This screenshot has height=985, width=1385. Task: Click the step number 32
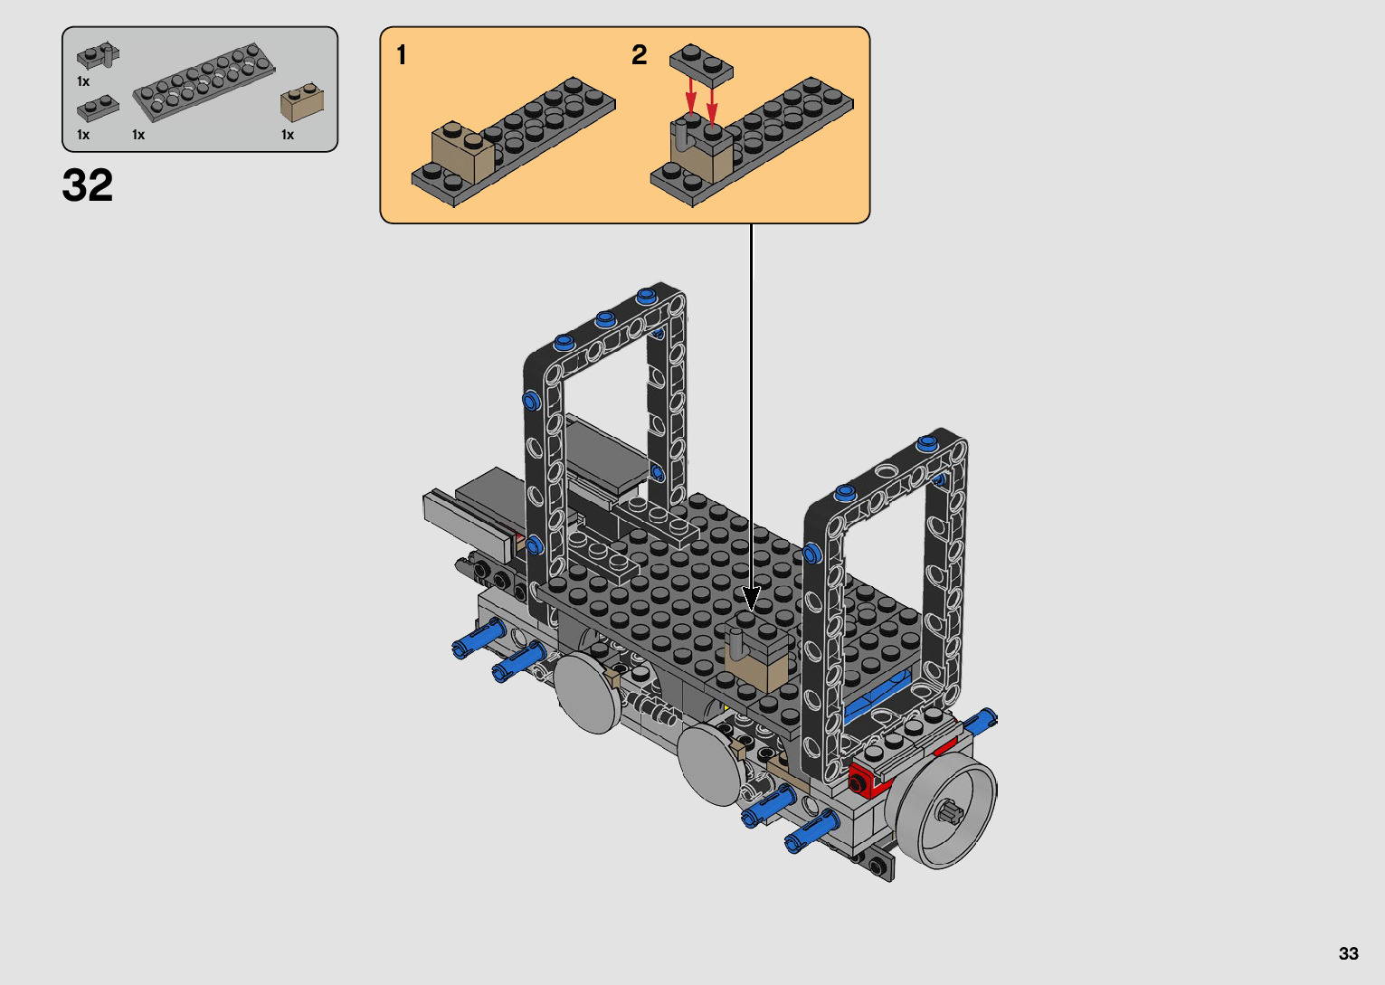click(88, 185)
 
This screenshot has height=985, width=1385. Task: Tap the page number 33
click(1349, 953)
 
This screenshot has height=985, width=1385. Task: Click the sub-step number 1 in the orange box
click(402, 54)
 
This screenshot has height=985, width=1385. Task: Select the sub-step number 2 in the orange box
click(640, 54)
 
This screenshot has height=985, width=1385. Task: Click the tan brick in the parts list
click(302, 102)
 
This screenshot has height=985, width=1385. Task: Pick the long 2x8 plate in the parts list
click(204, 82)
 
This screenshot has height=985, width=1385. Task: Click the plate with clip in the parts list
click(98, 56)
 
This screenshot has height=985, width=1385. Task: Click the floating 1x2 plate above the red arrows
click(701, 65)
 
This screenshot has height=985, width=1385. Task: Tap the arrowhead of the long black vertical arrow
click(751, 599)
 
